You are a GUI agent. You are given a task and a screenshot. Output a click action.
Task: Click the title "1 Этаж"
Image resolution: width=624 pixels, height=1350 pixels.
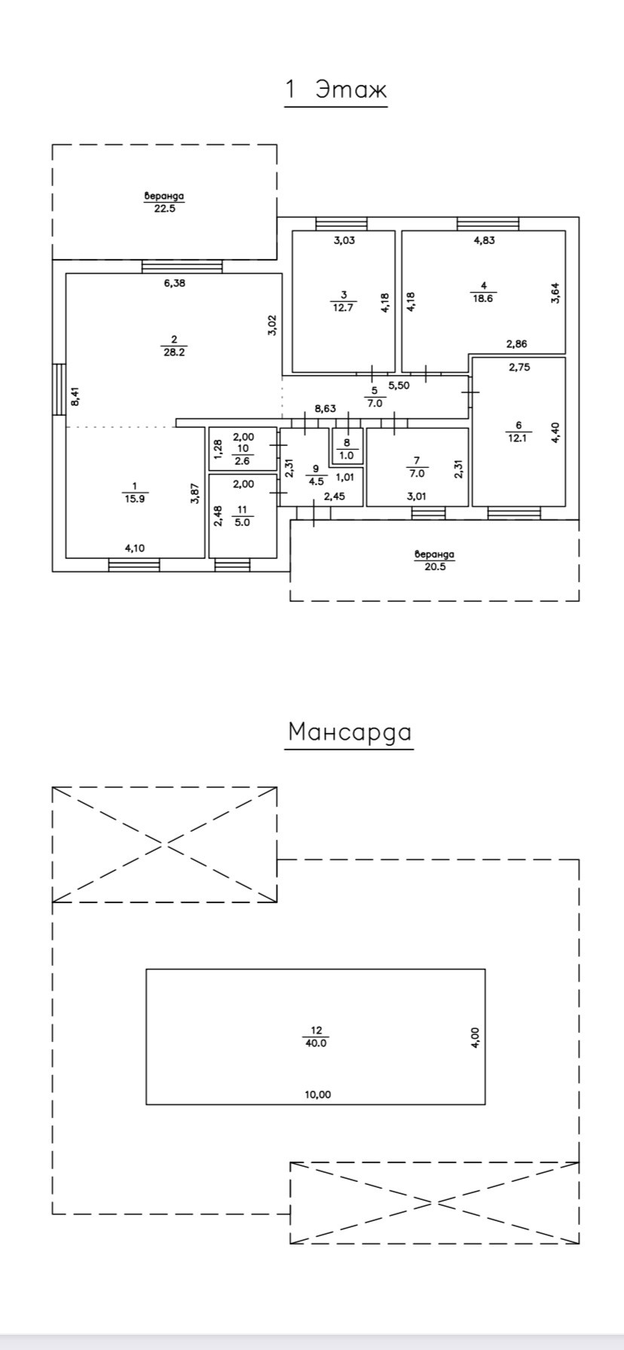[335, 89]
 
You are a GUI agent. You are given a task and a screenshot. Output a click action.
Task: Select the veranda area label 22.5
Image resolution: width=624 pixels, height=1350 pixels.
[164, 209]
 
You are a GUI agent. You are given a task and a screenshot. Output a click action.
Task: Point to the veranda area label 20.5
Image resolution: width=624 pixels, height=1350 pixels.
[435, 567]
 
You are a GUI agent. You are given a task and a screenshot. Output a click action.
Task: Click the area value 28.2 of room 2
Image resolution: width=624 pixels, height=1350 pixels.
[173, 351]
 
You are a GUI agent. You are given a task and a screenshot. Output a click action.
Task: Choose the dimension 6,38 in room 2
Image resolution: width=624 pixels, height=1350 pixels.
[174, 283]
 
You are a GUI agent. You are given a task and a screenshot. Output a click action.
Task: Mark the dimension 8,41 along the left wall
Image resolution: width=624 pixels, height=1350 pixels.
[74, 396]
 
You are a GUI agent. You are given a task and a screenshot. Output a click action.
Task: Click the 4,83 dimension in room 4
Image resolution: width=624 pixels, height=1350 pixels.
[484, 241]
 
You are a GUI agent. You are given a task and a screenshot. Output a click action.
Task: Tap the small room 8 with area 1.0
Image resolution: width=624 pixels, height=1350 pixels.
[347, 449]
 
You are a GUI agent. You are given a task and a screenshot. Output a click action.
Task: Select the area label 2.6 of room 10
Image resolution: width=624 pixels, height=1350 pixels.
[242, 460]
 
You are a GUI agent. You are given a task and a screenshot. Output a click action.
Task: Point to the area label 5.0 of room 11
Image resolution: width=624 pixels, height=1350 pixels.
[242, 520]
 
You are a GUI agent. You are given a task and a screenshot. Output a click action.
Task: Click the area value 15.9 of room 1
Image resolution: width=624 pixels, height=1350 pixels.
[134, 499]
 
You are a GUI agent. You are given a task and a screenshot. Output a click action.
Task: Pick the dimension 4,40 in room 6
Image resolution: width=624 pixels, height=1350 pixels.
[556, 432]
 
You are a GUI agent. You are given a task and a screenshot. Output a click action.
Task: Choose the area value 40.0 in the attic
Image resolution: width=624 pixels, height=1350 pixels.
[315, 1043]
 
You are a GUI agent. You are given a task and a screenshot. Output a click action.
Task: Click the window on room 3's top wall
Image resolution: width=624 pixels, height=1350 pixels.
[341, 224]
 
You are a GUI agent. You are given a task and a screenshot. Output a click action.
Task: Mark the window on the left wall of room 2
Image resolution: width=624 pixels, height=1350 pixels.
[59, 389]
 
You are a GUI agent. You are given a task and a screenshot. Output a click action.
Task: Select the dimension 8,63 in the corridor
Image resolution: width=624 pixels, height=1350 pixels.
[325, 408]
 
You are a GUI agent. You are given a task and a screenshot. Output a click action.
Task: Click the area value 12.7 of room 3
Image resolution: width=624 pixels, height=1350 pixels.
[343, 307]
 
